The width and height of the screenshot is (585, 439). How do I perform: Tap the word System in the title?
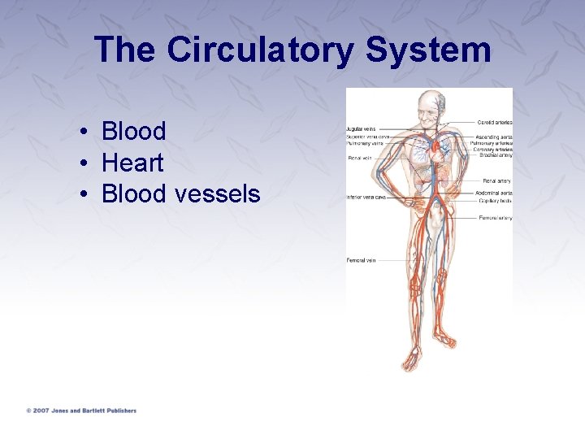(x=428, y=50)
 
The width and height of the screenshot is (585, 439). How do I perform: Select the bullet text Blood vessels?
(x=180, y=194)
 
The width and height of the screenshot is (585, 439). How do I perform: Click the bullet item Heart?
(x=132, y=163)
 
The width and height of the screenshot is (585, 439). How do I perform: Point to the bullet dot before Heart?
(x=84, y=163)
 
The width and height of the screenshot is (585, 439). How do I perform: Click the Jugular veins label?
(x=361, y=128)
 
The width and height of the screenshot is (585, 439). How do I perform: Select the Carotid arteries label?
(x=494, y=122)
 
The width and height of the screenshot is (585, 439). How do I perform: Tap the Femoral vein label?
(x=361, y=260)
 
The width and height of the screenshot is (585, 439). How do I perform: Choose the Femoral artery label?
(x=495, y=218)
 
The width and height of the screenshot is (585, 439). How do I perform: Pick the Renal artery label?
(x=496, y=180)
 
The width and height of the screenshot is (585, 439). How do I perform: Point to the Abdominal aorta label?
(x=494, y=193)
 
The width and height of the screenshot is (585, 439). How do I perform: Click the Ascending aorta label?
(x=493, y=137)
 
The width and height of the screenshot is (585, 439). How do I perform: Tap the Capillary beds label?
(x=494, y=200)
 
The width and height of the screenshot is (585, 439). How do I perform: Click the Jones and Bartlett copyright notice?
(x=80, y=411)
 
